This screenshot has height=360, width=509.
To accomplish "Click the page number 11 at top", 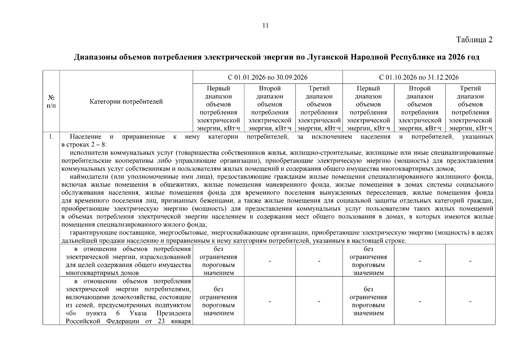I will (x=265, y=25).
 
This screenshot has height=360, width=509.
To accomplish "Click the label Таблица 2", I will (x=474, y=40).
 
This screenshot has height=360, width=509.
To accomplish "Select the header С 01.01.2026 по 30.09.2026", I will (x=268, y=77).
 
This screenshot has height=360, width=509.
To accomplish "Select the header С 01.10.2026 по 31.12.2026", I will (x=419, y=77).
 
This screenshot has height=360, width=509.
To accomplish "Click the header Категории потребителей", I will (x=126, y=102).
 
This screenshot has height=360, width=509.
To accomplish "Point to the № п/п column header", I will (x=51, y=102).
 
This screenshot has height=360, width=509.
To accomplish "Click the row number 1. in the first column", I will (x=51, y=137).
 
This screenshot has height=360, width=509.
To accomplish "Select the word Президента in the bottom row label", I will (x=174, y=313).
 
